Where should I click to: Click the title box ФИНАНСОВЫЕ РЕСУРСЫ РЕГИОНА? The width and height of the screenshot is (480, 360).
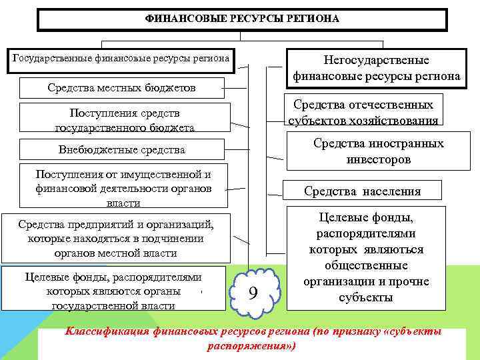tap(242, 19)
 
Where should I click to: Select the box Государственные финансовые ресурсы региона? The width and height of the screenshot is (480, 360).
tap(122, 59)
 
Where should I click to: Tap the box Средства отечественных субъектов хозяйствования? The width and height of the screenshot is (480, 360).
tap(363, 112)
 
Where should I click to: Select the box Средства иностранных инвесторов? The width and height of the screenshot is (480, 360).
tap(378, 151)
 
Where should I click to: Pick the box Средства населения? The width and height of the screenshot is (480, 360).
tap(362, 191)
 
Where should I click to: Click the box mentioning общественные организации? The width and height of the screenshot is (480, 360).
tap(366, 257)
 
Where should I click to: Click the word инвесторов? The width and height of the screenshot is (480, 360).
tap(379, 159)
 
